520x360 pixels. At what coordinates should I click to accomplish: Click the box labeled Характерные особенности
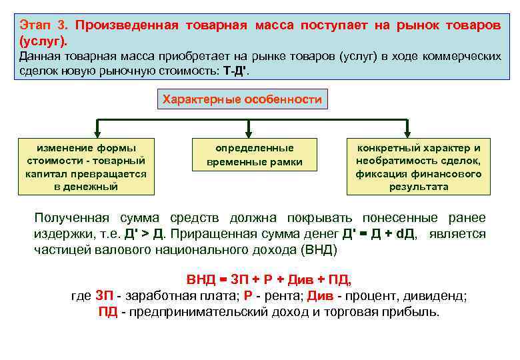tap(242, 100)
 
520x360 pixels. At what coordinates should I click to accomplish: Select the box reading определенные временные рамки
tap(255, 155)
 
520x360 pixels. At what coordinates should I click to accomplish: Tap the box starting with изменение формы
tap(86, 167)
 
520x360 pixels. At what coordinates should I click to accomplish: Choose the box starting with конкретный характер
tap(419, 167)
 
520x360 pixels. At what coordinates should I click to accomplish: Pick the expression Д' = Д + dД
tap(379, 235)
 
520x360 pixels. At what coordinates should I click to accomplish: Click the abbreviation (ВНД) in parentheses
tap(319, 250)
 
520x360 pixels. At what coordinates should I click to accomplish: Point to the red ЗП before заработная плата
tap(104, 296)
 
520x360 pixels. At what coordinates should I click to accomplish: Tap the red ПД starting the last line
tap(107, 312)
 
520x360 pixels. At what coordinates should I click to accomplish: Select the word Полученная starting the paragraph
tap(73, 219)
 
